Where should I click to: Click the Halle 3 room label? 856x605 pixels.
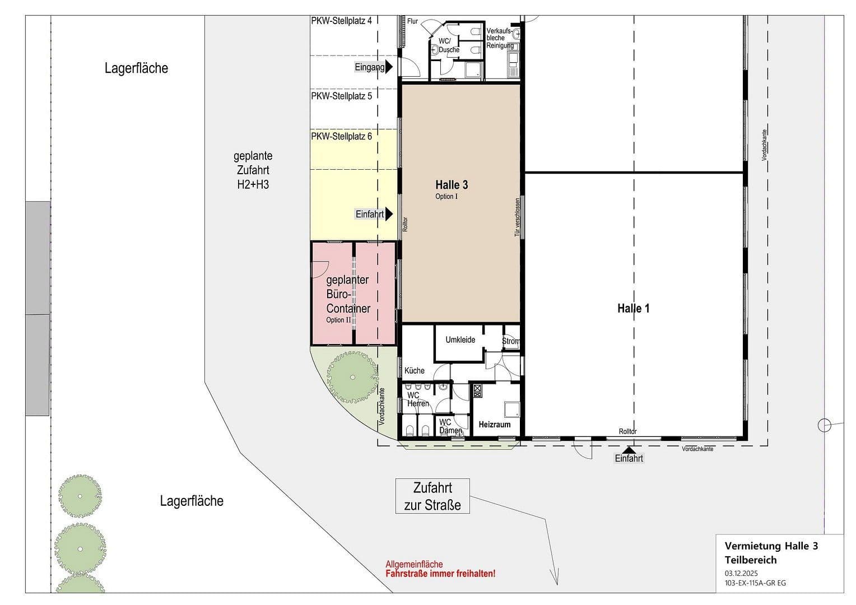(x=452, y=185)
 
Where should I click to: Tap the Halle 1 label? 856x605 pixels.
(x=633, y=308)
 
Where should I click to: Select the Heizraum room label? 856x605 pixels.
(x=494, y=425)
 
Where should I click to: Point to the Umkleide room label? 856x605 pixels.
(x=460, y=339)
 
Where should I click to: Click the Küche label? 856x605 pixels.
(x=415, y=370)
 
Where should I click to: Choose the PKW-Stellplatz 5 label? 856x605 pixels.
(x=341, y=96)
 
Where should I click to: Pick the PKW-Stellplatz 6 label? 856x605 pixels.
(x=341, y=136)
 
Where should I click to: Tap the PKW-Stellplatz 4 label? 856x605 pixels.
(x=341, y=21)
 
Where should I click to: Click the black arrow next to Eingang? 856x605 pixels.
(x=389, y=67)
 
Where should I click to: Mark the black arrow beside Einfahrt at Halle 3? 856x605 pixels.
(x=389, y=214)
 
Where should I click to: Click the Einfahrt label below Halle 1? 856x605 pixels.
(x=629, y=458)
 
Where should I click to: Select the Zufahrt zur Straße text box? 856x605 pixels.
(x=432, y=496)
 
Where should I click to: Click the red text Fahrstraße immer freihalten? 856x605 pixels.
(x=440, y=574)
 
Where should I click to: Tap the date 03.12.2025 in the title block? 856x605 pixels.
(x=741, y=573)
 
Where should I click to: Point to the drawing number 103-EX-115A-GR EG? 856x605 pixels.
(x=755, y=583)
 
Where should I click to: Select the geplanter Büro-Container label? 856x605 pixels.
(x=348, y=294)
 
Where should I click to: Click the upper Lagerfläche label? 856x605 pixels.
(x=136, y=68)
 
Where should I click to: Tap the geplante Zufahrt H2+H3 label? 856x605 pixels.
(x=253, y=170)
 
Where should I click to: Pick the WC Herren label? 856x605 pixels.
(x=417, y=399)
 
